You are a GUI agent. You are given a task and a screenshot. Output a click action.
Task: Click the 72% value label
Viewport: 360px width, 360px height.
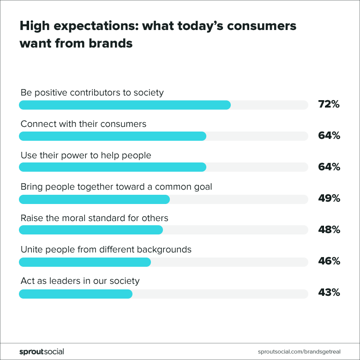point(329,104)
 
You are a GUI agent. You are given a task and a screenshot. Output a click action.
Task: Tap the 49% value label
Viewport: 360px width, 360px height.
point(329,198)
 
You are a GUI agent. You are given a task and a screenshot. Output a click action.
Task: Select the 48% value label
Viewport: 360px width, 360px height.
point(329,230)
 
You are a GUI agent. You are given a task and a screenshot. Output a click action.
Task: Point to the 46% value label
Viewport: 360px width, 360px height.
point(329,261)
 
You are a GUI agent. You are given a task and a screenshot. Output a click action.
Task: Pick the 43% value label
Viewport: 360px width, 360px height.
point(329,292)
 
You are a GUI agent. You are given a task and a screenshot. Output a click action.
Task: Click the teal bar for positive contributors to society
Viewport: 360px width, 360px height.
point(125,105)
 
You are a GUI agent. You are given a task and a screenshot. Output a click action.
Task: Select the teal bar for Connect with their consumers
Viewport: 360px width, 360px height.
point(113,136)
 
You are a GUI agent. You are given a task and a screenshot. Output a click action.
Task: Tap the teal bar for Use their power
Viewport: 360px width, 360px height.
point(113,168)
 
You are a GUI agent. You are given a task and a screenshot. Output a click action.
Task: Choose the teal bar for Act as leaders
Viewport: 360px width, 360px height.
point(76,294)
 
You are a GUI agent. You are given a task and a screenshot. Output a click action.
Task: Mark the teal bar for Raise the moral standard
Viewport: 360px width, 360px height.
point(91,230)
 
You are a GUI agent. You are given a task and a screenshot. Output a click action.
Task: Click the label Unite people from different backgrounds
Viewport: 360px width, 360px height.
point(106,250)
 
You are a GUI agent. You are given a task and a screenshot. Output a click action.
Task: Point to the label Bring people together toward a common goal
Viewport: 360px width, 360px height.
point(116,187)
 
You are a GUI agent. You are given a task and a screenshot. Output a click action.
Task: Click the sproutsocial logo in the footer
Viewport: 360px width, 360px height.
point(42,352)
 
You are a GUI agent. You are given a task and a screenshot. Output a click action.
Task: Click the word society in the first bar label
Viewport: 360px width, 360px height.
point(149,93)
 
